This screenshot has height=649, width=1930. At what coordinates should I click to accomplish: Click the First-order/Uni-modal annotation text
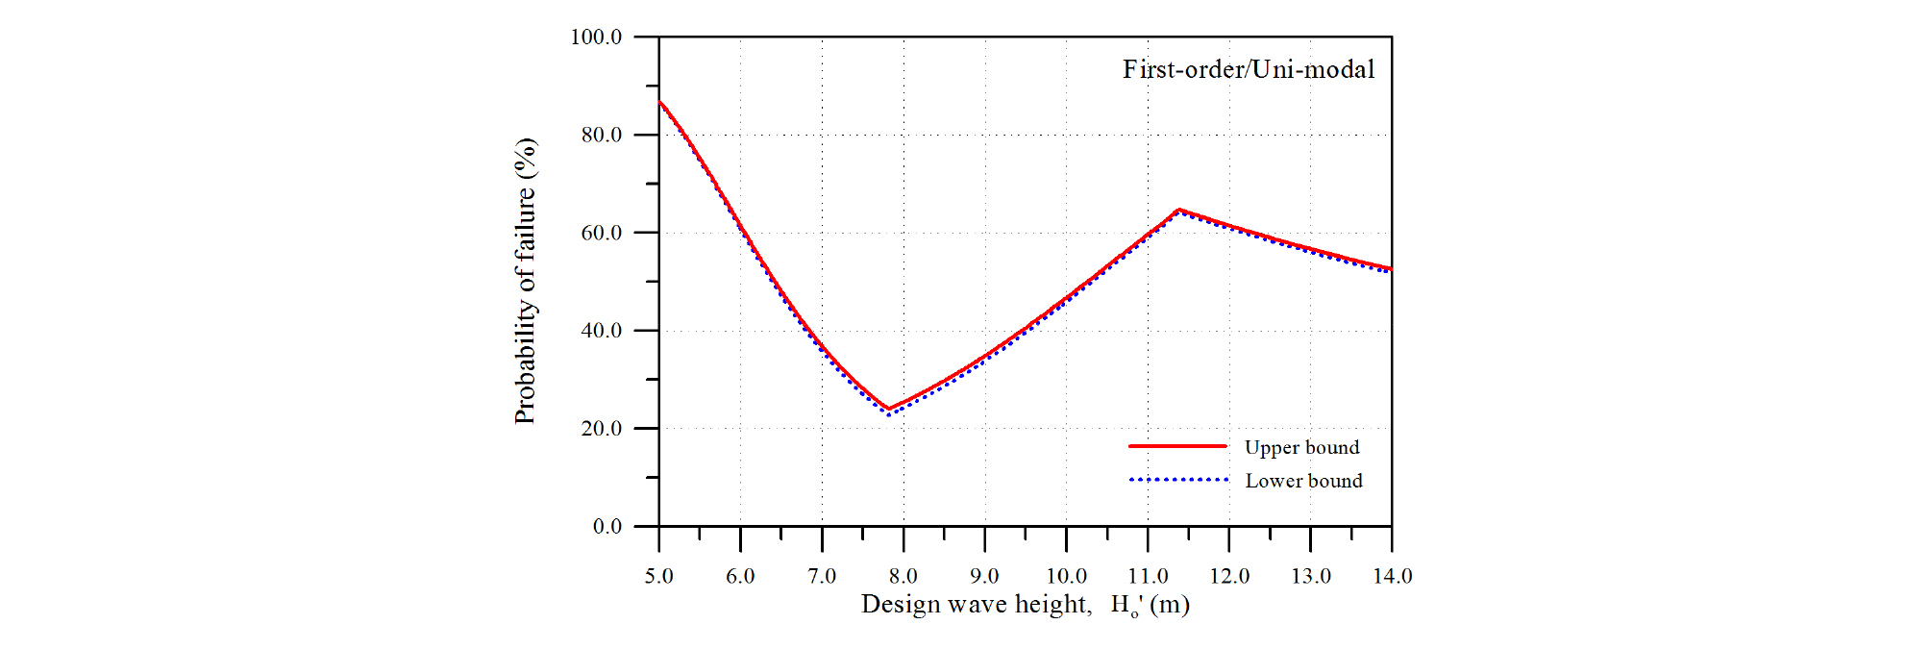(x=1249, y=69)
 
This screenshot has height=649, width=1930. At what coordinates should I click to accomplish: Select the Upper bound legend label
(x=1301, y=447)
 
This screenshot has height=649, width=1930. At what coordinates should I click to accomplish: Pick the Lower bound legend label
(x=1303, y=481)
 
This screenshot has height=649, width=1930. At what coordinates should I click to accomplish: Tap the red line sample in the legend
(x=1177, y=446)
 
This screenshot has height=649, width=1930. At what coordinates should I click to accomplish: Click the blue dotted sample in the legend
(x=1178, y=479)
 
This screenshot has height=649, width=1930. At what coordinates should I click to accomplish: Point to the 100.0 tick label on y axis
(x=596, y=37)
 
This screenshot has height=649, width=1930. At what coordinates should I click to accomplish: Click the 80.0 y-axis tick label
(x=601, y=135)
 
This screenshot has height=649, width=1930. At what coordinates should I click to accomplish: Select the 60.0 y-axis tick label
(x=601, y=233)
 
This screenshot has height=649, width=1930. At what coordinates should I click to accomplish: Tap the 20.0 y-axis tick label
(x=601, y=428)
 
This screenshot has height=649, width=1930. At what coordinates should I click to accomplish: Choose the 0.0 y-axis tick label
(x=606, y=526)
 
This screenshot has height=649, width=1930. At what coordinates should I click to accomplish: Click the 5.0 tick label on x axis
(x=658, y=576)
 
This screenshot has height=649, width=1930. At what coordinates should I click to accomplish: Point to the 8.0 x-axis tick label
(x=903, y=576)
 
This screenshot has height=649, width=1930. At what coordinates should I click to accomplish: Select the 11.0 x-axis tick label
(x=1148, y=576)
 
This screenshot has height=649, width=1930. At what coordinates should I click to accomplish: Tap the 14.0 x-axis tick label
(x=1392, y=576)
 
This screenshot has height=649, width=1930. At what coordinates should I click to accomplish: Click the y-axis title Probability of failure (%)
(x=525, y=281)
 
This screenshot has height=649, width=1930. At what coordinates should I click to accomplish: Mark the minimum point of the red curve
(x=888, y=409)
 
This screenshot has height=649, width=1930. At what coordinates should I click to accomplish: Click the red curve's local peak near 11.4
(x=1179, y=210)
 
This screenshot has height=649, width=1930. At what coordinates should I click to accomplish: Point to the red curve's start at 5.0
(x=659, y=101)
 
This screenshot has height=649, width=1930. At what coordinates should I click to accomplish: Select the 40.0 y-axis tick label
(x=601, y=330)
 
